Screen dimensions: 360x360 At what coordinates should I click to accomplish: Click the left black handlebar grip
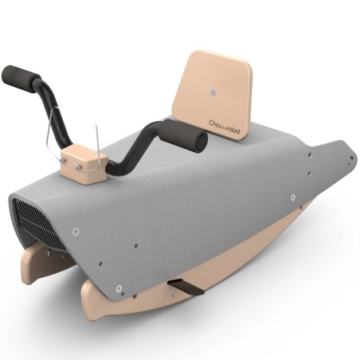click(20, 79)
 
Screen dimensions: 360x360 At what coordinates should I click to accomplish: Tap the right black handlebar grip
click(183, 136)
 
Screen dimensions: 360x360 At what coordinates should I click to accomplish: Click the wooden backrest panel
click(212, 95)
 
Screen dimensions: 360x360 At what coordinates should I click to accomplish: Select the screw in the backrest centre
click(213, 92)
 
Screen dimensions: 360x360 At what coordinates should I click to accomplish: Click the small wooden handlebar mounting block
click(84, 165)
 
